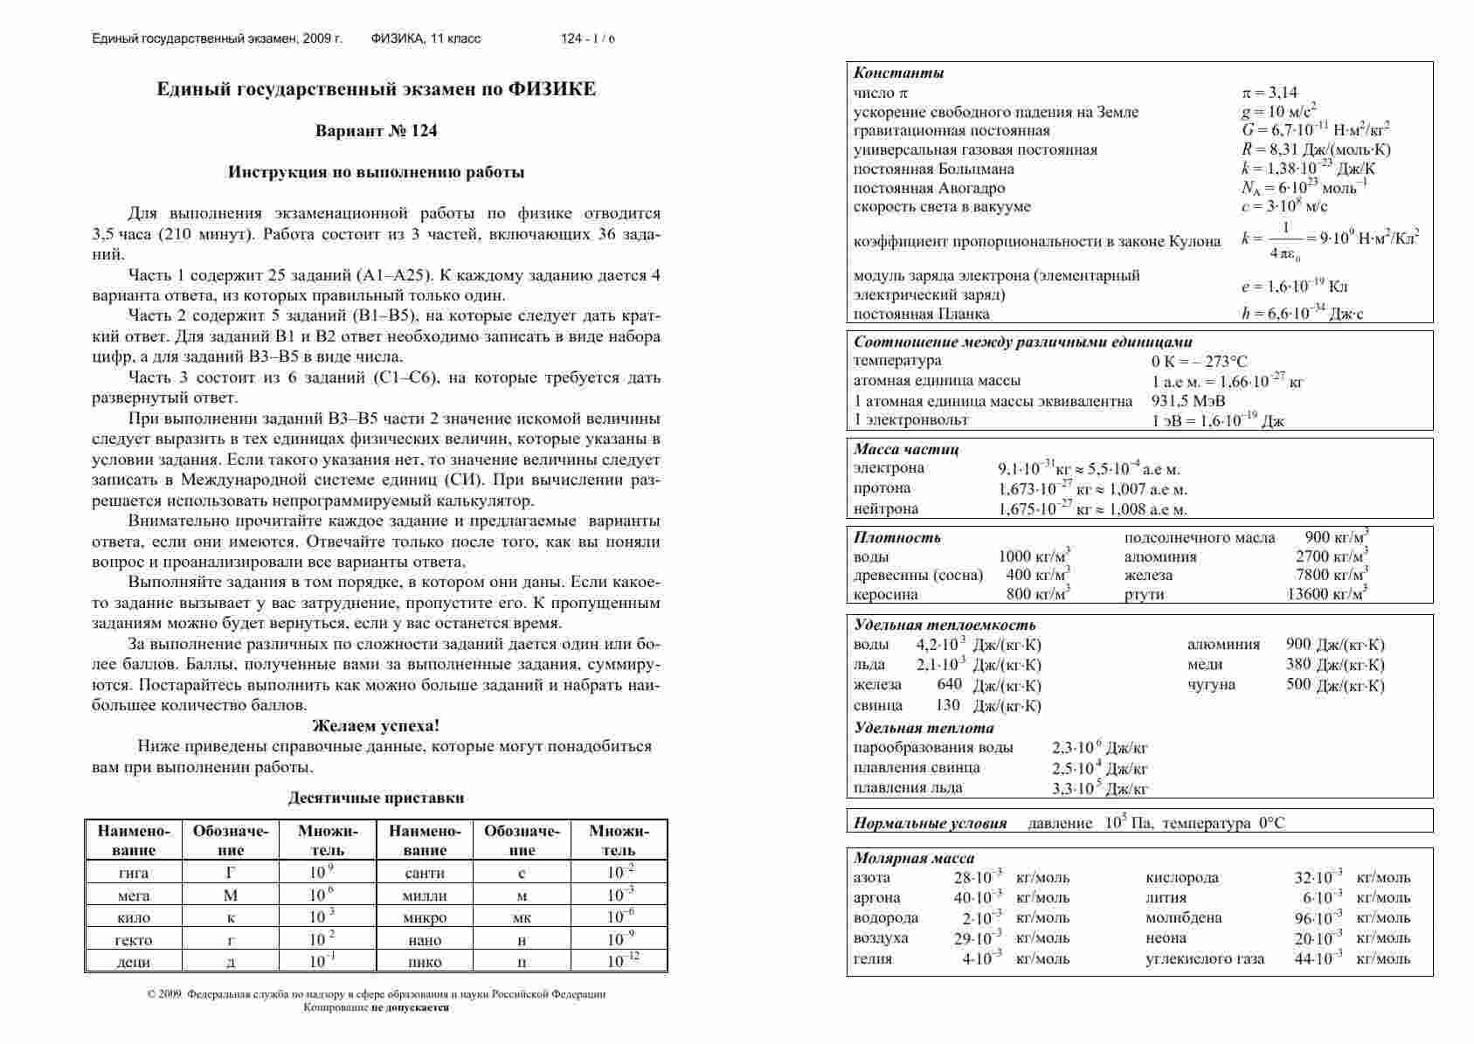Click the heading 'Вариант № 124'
coord(376,131)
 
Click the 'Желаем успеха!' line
coord(376,726)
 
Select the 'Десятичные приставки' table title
coord(376,798)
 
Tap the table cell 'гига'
coord(133,873)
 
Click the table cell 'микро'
coord(425,917)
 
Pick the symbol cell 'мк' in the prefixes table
coord(522,917)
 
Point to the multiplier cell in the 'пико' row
coord(623,961)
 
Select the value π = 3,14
coord(1270,93)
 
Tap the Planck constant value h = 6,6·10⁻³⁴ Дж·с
coord(1302,314)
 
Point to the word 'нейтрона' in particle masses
coord(885,508)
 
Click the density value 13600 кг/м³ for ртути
coord(1327,594)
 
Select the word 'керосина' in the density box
coord(885,594)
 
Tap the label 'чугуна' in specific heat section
coord(1211,684)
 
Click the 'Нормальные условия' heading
coord(930,823)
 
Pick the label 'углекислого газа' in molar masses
coord(1204,958)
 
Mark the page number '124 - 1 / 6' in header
coord(587,38)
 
